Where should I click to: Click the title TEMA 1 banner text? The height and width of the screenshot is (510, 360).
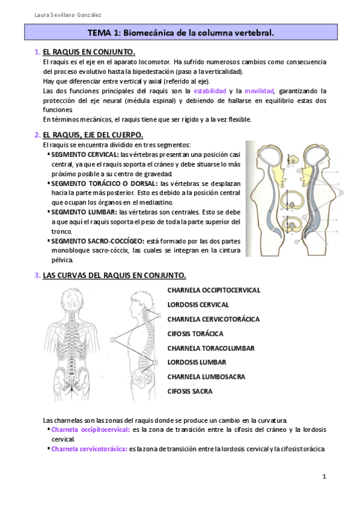pos(180,34)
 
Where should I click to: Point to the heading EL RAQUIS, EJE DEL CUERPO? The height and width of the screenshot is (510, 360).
pos(93,135)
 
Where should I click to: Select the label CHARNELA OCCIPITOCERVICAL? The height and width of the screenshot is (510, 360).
pos(213,290)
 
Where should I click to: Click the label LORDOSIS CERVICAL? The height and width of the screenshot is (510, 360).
pos(198,305)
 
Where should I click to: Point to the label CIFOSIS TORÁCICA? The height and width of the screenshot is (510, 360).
pos(195,334)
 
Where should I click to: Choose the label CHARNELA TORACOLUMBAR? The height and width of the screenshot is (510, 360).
pos(210,348)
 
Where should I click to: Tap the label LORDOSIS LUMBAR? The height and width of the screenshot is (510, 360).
pos(197,363)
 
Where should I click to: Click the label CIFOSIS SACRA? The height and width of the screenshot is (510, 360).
pos(189,392)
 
